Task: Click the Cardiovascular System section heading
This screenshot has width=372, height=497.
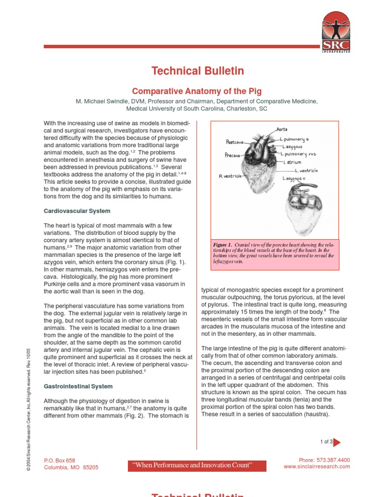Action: (x=77, y=211)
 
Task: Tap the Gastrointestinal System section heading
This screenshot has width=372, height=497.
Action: (x=78, y=386)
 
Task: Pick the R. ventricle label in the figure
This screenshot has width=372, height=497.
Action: (x=230, y=176)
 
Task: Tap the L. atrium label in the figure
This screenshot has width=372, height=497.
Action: (x=293, y=163)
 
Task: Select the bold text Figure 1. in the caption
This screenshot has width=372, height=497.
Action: (x=223, y=245)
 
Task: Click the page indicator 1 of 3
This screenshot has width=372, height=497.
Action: (x=326, y=442)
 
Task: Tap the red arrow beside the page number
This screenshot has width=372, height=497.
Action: (x=337, y=442)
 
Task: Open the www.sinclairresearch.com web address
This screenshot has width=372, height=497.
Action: (x=316, y=466)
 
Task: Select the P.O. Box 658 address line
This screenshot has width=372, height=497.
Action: (x=60, y=460)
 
